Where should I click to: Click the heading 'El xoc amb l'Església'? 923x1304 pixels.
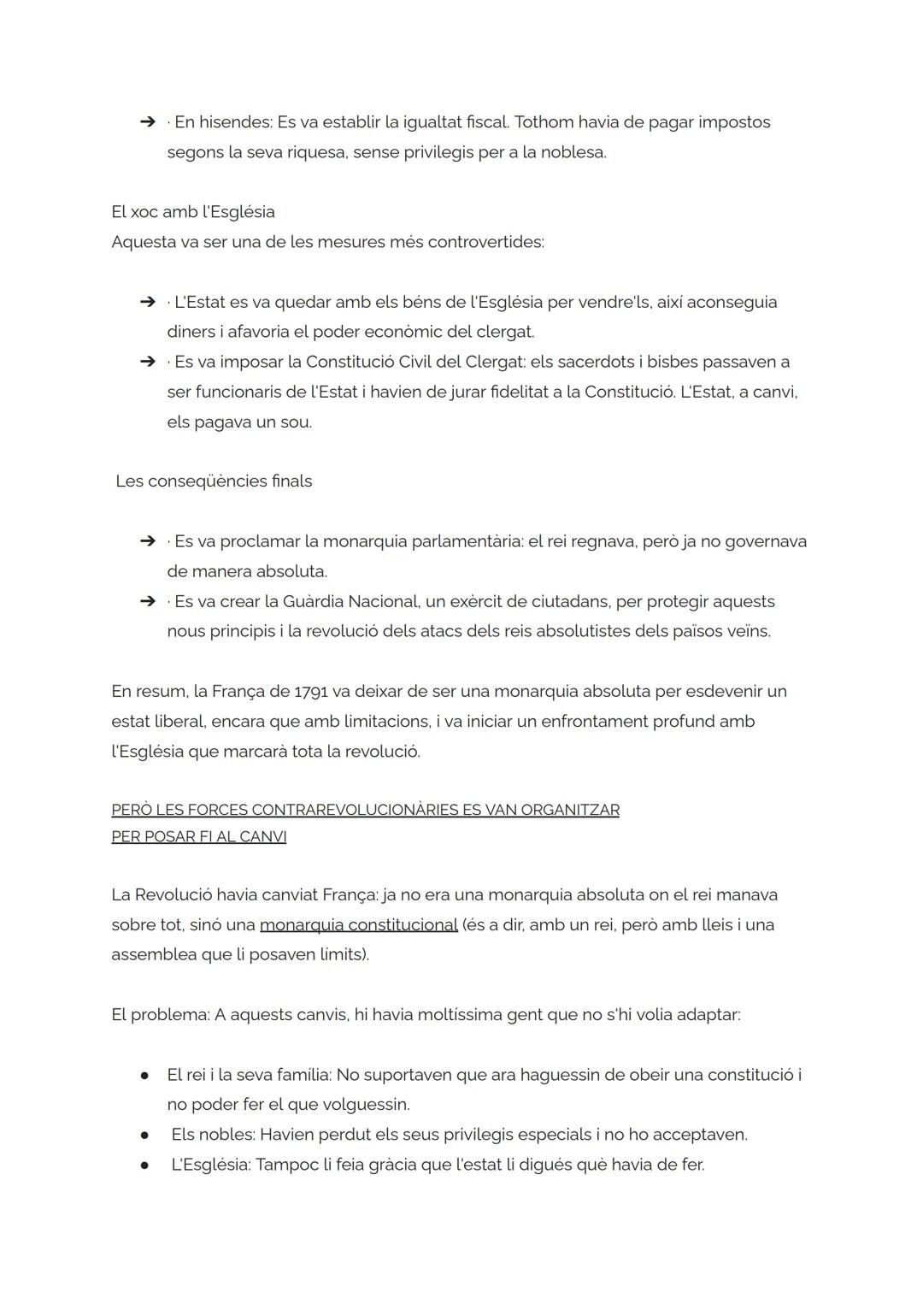(x=193, y=212)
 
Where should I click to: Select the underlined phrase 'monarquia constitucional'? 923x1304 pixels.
(x=358, y=925)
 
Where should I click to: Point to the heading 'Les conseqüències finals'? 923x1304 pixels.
(x=214, y=481)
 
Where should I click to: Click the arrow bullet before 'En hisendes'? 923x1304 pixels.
(x=147, y=122)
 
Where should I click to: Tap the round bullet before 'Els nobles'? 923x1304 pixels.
(x=145, y=1136)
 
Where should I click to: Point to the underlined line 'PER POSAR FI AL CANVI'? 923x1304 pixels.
(x=198, y=837)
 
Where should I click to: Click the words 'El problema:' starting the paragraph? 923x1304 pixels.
(x=160, y=1015)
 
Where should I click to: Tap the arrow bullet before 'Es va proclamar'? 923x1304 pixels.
(x=147, y=541)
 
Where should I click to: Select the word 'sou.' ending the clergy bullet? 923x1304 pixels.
(x=296, y=422)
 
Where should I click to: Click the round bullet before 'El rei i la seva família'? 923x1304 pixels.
(x=145, y=1076)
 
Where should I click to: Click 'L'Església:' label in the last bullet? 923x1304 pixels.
(x=210, y=1165)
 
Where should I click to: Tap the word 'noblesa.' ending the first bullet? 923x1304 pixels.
(x=573, y=153)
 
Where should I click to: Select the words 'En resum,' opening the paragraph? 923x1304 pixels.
(x=150, y=692)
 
